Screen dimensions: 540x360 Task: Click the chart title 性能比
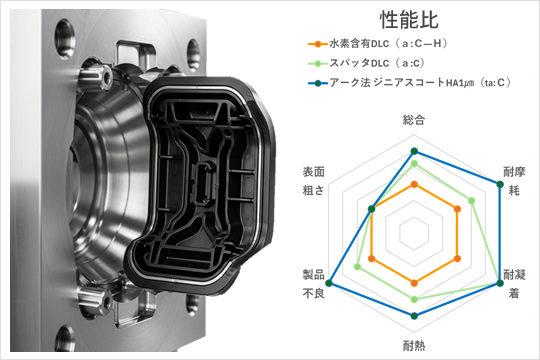[x=409, y=20]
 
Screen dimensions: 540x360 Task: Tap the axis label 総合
[x=414, y=120]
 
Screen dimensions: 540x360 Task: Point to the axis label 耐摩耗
[x=514, y=181]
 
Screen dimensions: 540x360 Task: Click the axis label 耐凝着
[x=514, y=284]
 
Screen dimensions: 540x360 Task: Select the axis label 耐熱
[x=414, y=345]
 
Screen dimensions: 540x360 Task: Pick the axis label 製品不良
[x=314, y=284]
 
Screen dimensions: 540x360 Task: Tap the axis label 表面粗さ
[x=314, y=181]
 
